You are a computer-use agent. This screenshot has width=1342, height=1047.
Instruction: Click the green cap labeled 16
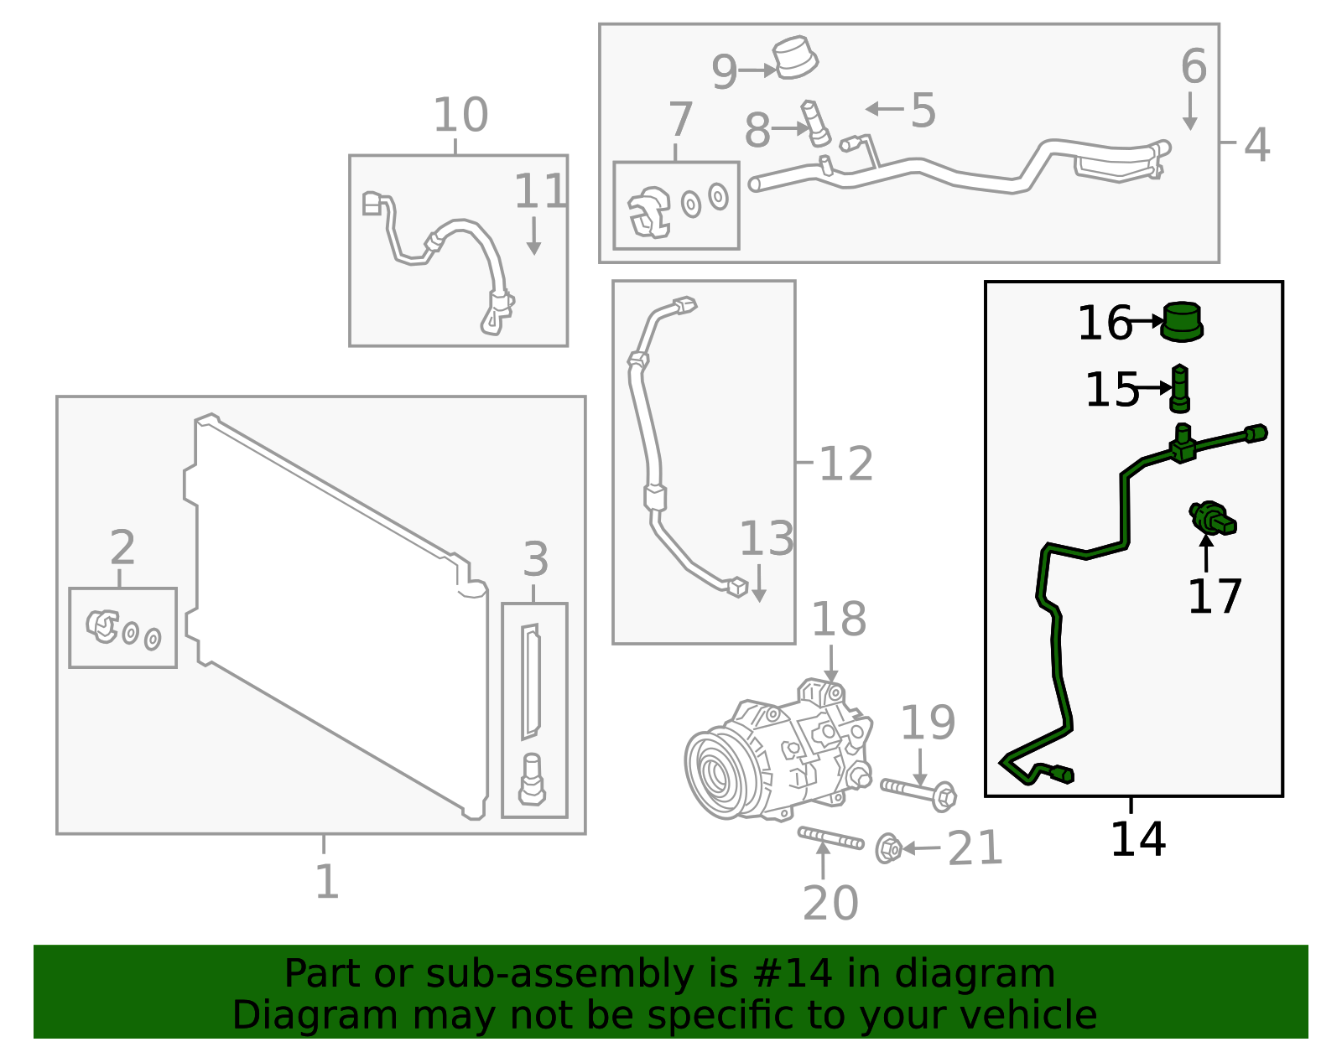[1182, 321]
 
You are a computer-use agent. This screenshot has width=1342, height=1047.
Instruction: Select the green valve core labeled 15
[1180, 388]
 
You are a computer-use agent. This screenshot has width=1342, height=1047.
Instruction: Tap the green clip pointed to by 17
[1212, 517]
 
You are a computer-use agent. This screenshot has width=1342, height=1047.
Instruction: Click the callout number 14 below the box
[1137, 839]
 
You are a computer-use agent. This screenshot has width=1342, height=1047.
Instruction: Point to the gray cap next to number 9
[795, 58]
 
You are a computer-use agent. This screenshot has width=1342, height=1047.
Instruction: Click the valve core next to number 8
[815, 122]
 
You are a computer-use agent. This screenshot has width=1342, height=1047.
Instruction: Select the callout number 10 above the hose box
[460, 115]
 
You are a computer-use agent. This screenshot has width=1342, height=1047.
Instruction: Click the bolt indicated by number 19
[918, 790]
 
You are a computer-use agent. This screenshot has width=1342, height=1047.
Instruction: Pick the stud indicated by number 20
[830, 837]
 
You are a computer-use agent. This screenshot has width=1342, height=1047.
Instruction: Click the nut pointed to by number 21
[888, 848]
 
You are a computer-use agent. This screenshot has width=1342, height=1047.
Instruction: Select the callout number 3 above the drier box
[535, 559]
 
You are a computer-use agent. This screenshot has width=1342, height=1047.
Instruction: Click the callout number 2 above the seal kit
[122, 548]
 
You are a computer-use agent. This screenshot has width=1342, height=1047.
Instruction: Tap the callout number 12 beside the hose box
[845, 464]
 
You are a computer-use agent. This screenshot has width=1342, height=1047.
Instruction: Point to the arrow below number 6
[1189, 111]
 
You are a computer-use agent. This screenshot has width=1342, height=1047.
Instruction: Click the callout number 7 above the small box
[680, 120]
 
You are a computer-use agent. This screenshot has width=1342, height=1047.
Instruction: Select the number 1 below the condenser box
[326, 881]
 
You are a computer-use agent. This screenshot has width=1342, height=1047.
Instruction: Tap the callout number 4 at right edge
[1256, 144]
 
